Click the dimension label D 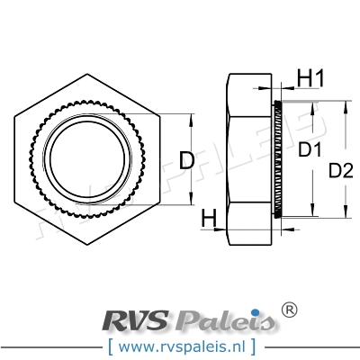(186, 161)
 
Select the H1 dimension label (310, 78)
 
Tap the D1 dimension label (311, 148)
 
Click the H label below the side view (209, 217)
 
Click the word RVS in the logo (139, 319)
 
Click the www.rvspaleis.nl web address (179, 344)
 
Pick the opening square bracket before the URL (110, 344)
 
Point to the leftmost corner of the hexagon (16, 159)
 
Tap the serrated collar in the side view (279, 159)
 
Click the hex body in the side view (247, 159)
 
